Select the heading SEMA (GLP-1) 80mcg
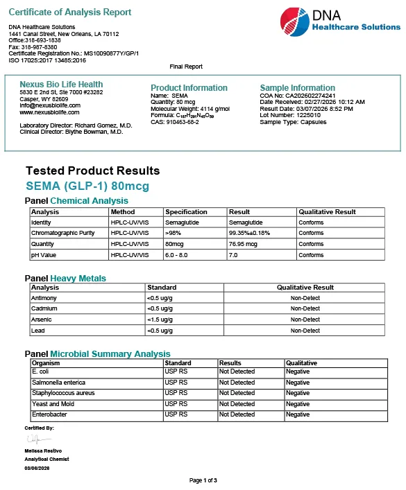[87, 186]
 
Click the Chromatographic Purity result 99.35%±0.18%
[250, 233]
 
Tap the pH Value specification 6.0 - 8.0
[180, 254]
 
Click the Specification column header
[186, 212]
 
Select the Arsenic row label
[42, 320]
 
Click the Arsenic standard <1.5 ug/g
[160, 320]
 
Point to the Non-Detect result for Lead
[305, 331]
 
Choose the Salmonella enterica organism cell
[58, 383]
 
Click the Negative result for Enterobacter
[298, 414]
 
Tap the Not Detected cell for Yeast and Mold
[237, 404]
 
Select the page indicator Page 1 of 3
[203, 480]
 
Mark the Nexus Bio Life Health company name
[61, 85]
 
